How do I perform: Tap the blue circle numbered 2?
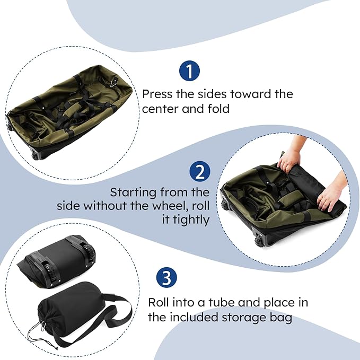point(200,172)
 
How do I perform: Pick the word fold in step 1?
point(219,109)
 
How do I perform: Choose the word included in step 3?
point(194,318)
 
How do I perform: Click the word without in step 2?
point(107,205)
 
